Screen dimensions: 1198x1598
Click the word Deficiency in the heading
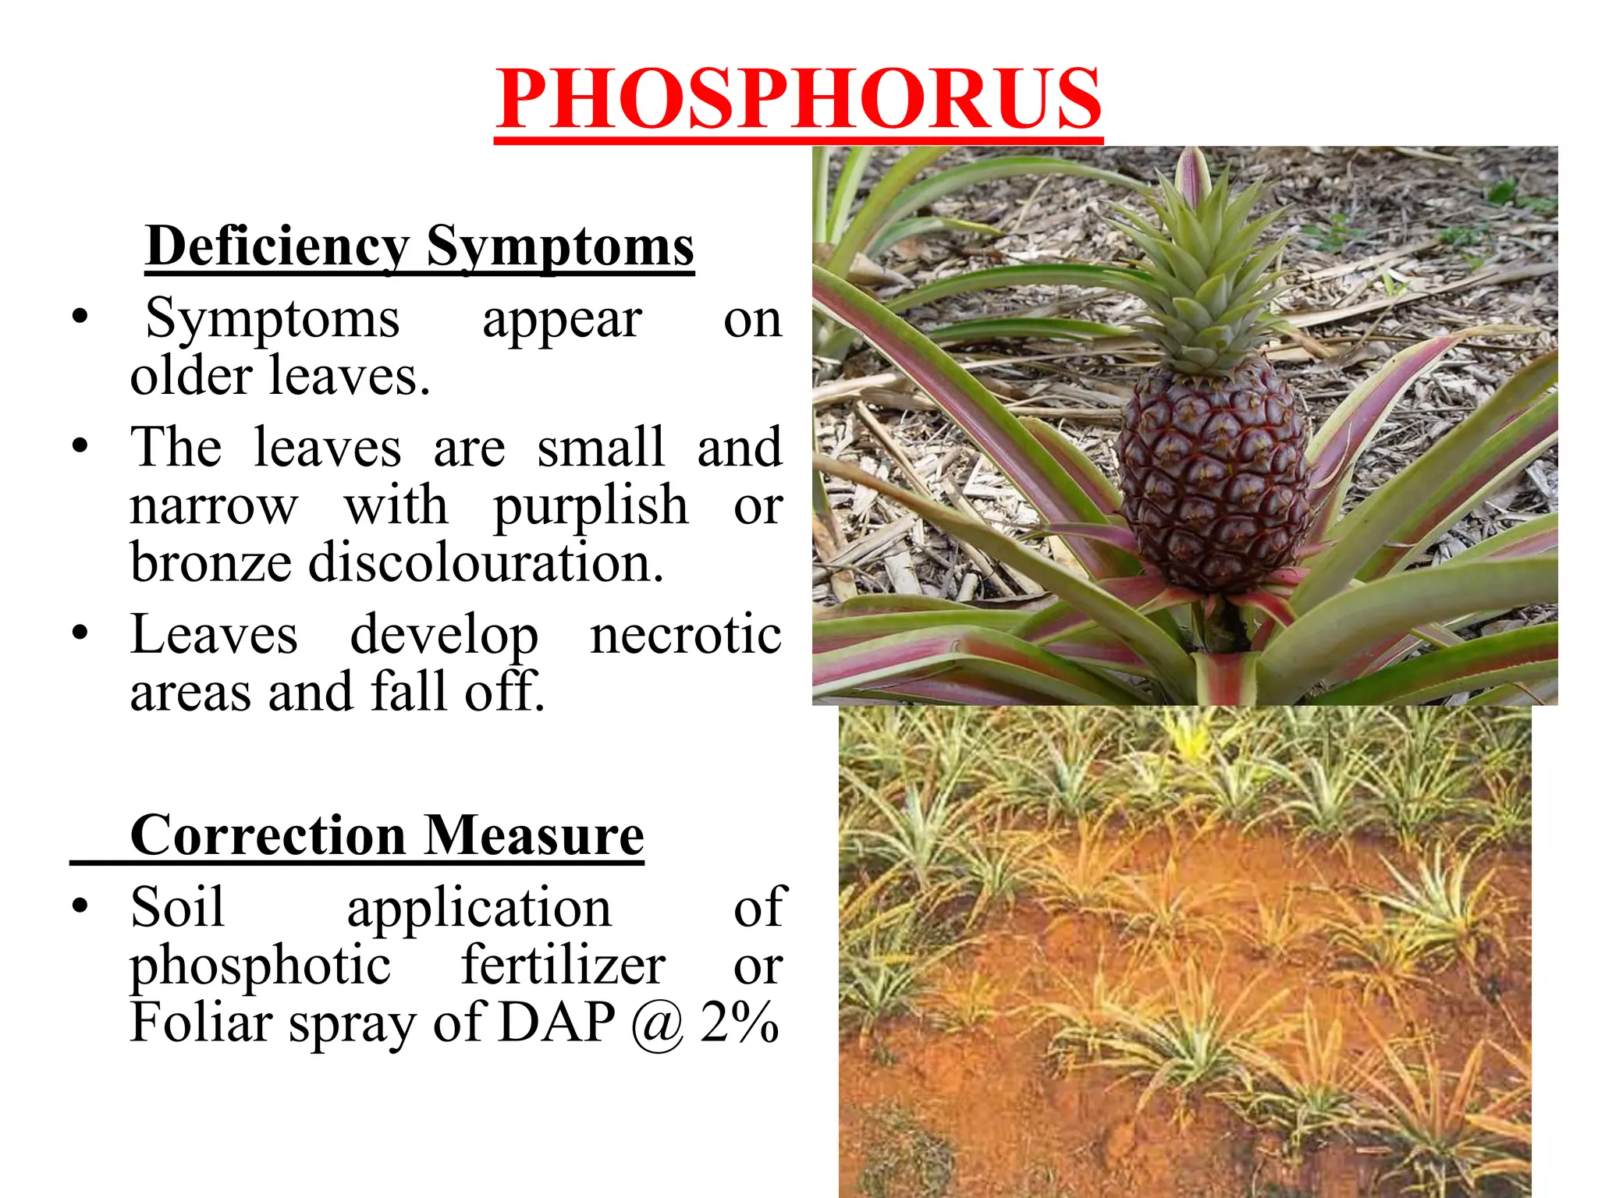click(278, 246)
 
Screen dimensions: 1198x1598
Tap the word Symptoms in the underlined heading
click(559, 246)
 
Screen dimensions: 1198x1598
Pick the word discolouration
click(485, 562)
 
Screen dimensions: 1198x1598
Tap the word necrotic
click(685, 633)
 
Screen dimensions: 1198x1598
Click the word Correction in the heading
click(268, 835)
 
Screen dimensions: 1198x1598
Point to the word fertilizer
click(563, 966)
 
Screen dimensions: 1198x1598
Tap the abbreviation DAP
click(556, 1023)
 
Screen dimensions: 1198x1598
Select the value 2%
click(739, 1023)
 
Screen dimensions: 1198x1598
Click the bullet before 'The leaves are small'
click(80, 447)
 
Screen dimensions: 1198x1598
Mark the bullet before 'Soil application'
click(80, 906)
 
